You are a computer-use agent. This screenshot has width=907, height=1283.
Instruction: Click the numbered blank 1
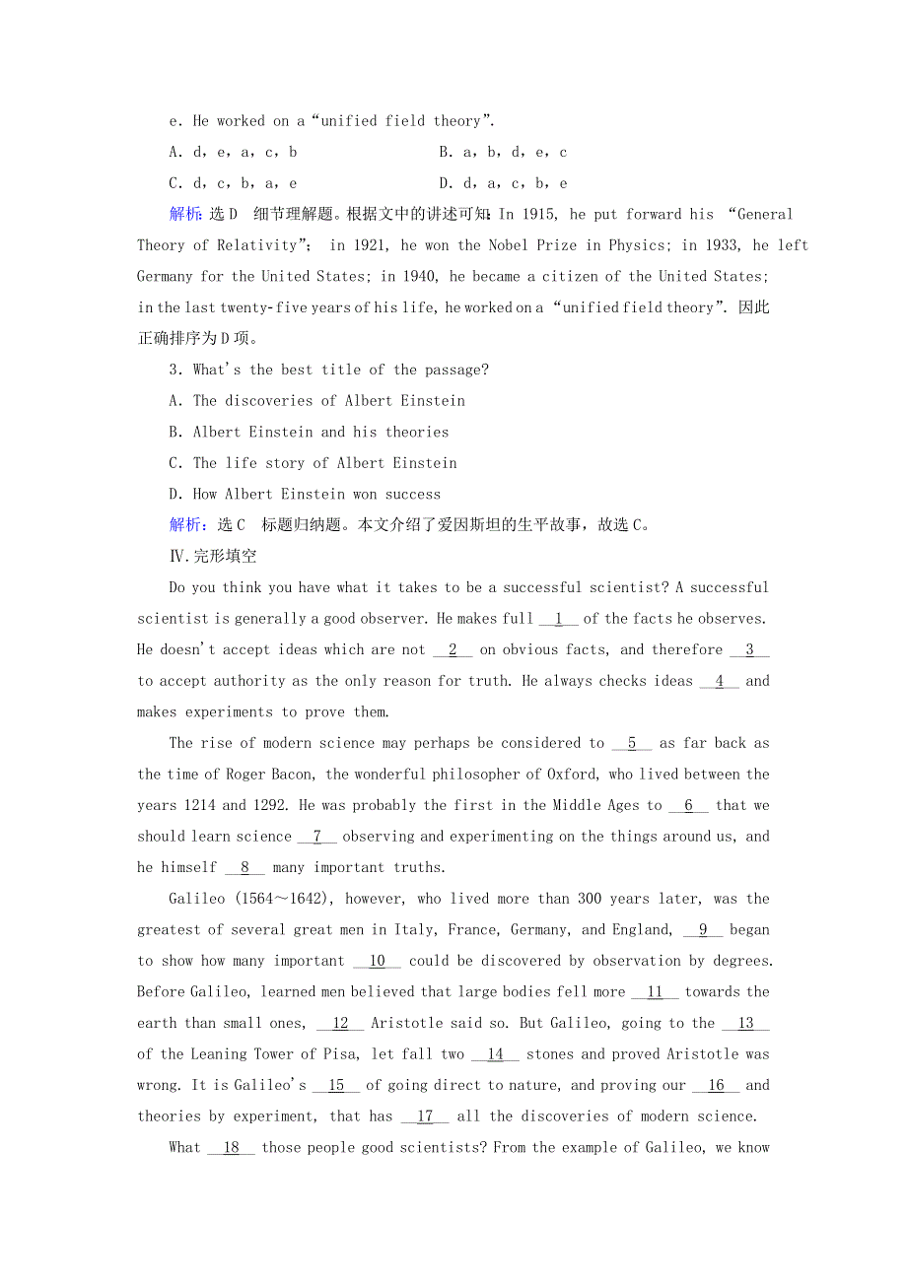coord(559,619)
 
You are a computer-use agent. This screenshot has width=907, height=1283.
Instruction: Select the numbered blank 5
coord(632,743)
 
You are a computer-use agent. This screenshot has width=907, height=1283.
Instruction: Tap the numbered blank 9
coord(703,929)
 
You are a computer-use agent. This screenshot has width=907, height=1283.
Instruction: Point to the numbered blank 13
coord(745,1023)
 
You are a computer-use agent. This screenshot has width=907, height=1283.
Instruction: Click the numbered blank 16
coord(716,1085)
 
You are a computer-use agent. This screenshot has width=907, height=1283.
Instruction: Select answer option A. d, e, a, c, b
coord(233,152)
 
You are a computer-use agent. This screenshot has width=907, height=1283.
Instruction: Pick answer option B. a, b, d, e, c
coord(503,152)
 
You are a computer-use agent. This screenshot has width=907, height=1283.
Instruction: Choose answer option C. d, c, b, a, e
coord(233,183)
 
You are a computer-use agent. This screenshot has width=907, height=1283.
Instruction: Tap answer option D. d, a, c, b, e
coord(503,183)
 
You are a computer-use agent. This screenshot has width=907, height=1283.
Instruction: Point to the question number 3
coord(174,370)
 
